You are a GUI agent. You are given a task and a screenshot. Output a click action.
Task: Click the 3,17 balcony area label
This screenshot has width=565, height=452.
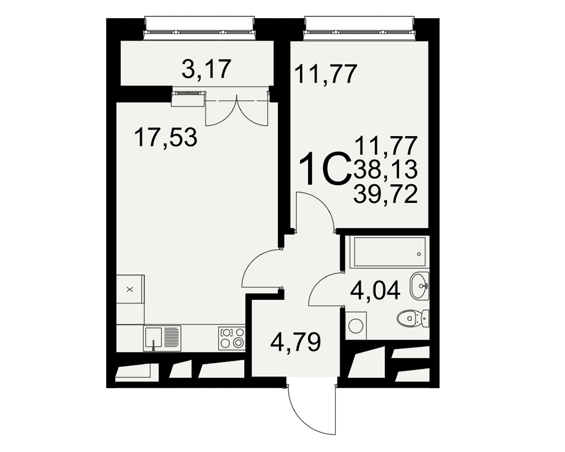(206, 69)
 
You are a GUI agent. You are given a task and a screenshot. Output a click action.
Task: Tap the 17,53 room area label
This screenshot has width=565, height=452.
(166, 137)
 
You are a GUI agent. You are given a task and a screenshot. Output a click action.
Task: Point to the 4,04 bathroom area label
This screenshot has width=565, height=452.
(376, 290)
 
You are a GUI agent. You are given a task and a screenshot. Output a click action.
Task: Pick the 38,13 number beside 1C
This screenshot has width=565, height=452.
(385, 169)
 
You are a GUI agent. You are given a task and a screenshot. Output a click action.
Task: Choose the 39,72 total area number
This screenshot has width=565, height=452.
(385, 194)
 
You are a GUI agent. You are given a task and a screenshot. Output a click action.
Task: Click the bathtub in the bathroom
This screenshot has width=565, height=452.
(388, 252)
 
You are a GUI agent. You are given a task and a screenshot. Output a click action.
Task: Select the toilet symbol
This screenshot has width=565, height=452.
(413, 318)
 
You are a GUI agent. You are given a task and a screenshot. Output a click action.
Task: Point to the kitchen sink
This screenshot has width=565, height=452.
(162, 338)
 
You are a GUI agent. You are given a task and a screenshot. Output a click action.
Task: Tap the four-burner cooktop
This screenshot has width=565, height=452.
(232, 338)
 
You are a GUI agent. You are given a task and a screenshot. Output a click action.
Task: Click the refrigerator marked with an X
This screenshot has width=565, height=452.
(130, 289)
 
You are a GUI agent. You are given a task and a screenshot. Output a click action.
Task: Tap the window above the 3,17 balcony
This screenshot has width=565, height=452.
(199, 28)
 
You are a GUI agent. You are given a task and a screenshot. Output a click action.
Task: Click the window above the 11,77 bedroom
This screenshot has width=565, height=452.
(359, 28)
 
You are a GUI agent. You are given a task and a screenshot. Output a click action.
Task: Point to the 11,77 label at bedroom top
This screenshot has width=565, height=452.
(326, 74)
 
